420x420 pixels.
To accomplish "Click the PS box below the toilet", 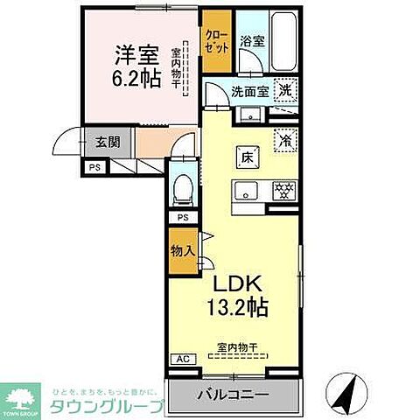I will click(x=183, y=217).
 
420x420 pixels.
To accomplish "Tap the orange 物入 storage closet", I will click(x=182, y=251).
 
